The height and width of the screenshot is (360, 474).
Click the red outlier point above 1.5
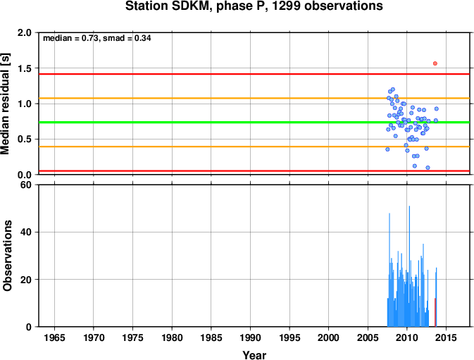click(435, 63)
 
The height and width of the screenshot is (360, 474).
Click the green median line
click(254, 122)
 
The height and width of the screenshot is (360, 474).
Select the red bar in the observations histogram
click(435, 312)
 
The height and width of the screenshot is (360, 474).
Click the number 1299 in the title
click(287, 6)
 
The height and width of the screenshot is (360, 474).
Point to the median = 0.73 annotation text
click(70, 38)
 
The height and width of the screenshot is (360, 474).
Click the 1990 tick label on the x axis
click(250, 337)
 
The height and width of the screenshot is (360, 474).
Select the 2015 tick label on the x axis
click(446, 337)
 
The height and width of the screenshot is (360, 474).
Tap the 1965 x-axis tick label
click(54, 337)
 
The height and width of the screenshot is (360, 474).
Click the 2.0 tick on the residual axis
click(25, 32)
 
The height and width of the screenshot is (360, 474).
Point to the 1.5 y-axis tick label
click(25, 68)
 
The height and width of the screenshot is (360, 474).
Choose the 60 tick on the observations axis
click(27, 185)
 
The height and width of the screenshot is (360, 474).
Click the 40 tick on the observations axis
click(27, 232)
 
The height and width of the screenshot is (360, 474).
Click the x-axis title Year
click(254, 355)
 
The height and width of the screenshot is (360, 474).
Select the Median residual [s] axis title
click(6, 104)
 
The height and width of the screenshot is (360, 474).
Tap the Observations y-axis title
click(7, 256)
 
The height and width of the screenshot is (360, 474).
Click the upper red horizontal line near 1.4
click(254, 74)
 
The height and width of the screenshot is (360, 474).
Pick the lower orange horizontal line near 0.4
click(254, 147)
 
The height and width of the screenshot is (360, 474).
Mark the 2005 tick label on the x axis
click(368, 337)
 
